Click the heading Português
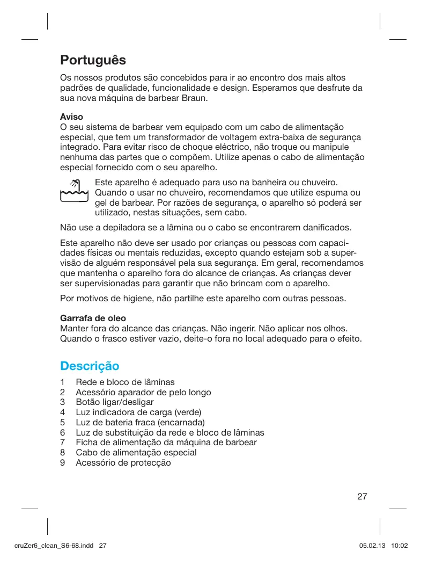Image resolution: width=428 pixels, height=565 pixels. [93, 59]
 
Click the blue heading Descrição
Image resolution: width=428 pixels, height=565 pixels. [89, 366]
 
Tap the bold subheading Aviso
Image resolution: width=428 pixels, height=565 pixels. [71, 117]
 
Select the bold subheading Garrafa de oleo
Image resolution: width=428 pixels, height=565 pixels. [93, 318]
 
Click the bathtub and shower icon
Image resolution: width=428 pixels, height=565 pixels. [74, 191]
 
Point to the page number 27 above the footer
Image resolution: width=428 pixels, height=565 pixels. [362, 496]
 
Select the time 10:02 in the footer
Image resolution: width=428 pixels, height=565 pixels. [400, 546]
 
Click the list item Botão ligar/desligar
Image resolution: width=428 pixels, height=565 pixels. [115, 402]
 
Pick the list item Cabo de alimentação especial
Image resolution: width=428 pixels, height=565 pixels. [136, 452]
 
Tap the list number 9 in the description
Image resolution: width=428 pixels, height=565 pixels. [63, 462]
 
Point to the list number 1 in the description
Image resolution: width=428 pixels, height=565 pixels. [63, 382]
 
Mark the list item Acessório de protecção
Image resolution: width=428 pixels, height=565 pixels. [123, 462]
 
